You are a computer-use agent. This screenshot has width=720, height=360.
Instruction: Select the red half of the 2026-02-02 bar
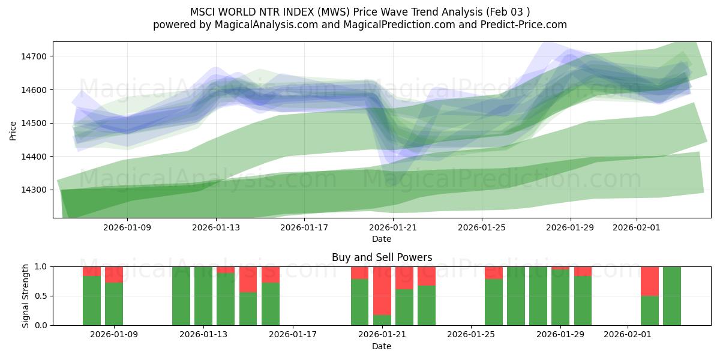650,281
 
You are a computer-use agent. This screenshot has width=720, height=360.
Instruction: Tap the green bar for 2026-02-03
672,296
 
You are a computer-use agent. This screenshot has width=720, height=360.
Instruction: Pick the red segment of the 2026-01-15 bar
248,279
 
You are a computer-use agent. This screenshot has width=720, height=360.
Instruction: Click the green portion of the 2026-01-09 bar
114,304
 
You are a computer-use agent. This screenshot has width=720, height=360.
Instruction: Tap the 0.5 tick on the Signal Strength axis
40,296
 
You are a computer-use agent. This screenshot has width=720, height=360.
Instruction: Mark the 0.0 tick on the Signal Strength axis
40,325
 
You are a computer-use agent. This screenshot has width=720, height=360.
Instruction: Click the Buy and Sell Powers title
382,257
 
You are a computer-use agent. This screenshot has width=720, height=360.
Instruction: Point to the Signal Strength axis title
26,296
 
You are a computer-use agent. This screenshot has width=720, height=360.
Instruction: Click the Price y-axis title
13,130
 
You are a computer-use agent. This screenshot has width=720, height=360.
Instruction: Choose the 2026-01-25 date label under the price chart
482,227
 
